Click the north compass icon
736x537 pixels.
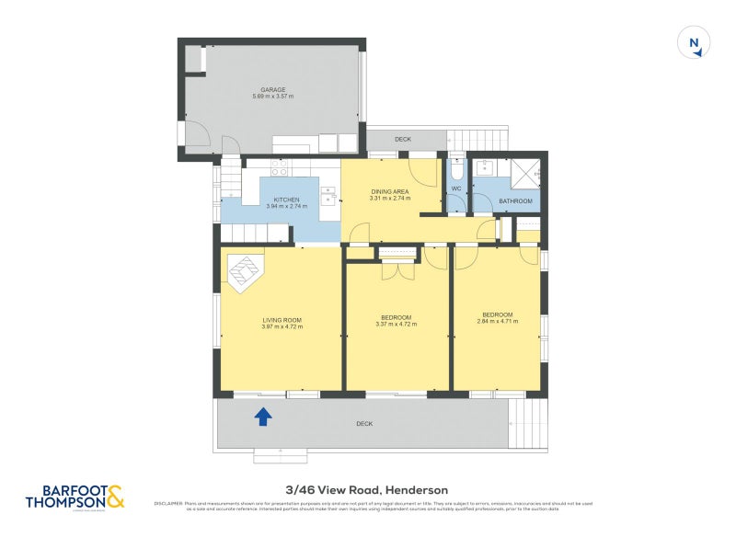[695, 43]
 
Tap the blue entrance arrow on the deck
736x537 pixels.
[263, 417]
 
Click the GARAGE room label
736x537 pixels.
[272, 90]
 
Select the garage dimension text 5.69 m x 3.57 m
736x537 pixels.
[272, 97]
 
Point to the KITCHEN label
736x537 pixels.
[286, 200]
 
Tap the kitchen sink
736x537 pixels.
[328, 195]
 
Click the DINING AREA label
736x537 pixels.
[390, 191]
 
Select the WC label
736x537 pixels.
[454, 189]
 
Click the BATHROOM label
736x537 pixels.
[515, 200]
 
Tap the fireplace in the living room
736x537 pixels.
[246, 272]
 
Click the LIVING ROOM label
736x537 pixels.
[282, 318]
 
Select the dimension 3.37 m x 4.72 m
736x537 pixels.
[397, 325]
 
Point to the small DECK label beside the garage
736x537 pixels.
[403, 140]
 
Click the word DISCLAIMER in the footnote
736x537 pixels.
[168, 503]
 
